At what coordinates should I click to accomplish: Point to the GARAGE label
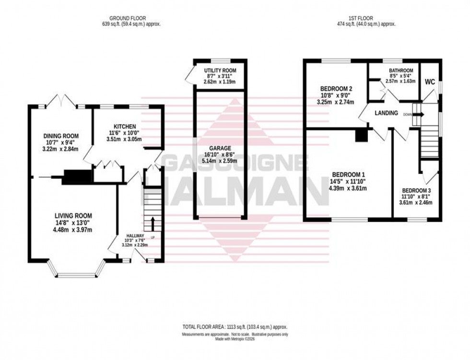click(220, 148)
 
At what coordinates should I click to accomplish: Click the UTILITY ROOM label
click(220, 71)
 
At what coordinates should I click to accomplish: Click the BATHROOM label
click(401, 70)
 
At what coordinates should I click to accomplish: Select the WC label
click(430, 81)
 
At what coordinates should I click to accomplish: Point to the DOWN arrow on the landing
click(420, 115)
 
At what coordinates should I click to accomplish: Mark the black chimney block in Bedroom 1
click(361, 136)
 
